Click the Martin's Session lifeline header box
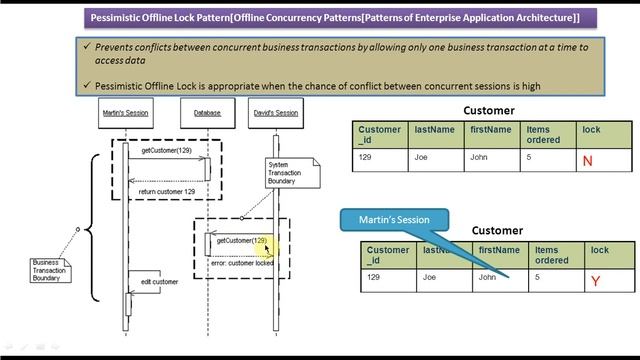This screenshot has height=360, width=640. click(x=125, y=113)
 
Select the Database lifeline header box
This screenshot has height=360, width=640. click(x=207, y=113)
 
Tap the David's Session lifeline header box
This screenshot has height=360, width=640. click(x=274, y=113)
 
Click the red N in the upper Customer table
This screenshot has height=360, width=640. click(x=587, y=160)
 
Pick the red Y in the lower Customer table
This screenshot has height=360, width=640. click(x=595, y=282)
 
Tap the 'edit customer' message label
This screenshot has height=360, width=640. click(x=160, y=282)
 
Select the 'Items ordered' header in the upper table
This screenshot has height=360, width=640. click(x=543, y=135)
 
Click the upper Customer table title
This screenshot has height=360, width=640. click(x=489, y=111)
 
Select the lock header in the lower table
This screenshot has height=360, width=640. click(x=599, y=250)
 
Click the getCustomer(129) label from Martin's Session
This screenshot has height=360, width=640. click(x=166, y=150)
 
